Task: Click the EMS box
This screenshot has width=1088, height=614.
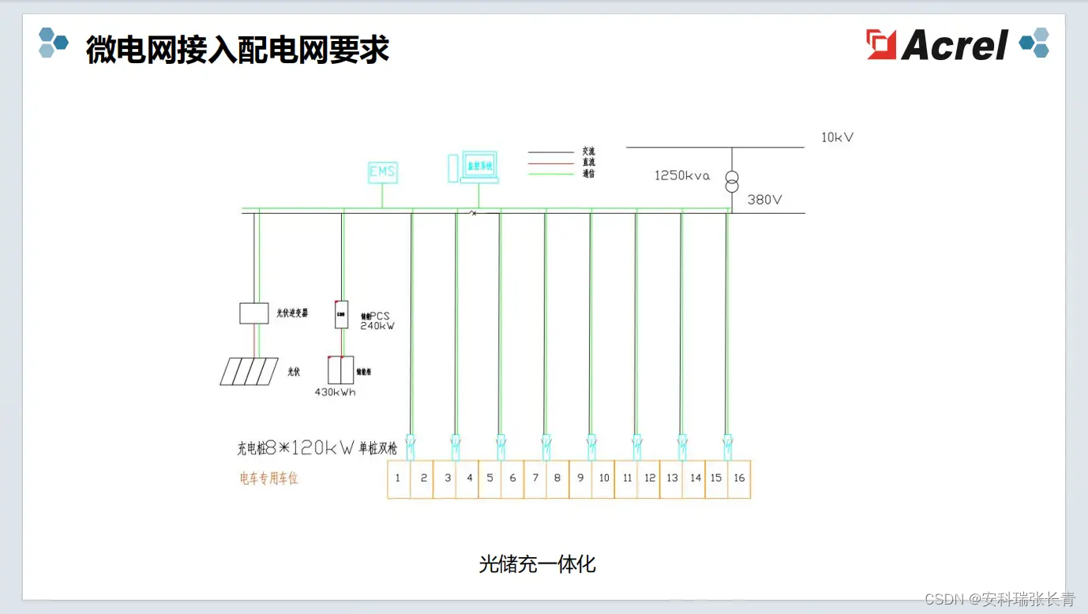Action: [383, 172]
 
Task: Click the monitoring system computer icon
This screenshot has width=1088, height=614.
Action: [478, 166]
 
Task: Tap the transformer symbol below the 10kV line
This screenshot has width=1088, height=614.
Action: [732, 181]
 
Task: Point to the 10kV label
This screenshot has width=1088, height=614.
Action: [837, 137]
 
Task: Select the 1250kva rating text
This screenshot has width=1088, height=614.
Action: [682, 175]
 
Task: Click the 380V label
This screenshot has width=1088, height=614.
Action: [764, 200]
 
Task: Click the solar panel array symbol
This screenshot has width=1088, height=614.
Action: [249, 371]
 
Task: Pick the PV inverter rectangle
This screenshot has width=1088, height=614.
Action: [254, 313]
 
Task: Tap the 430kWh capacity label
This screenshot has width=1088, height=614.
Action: [335, 391]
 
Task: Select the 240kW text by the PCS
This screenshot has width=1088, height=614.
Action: [377, 325]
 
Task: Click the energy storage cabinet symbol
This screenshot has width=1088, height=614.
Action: [341, 370]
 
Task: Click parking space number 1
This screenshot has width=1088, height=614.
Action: [398, 478]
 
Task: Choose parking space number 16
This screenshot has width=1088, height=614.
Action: [739, 478]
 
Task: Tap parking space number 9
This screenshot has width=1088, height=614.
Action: [580, 478]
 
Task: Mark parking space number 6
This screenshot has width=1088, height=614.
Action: [512, 478]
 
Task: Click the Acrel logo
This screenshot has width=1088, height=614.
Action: [938, 44]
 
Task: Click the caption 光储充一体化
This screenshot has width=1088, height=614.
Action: [537, 564]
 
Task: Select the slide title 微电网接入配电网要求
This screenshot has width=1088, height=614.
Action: [238, 49]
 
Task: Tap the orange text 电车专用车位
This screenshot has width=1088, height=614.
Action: [269, 478]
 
